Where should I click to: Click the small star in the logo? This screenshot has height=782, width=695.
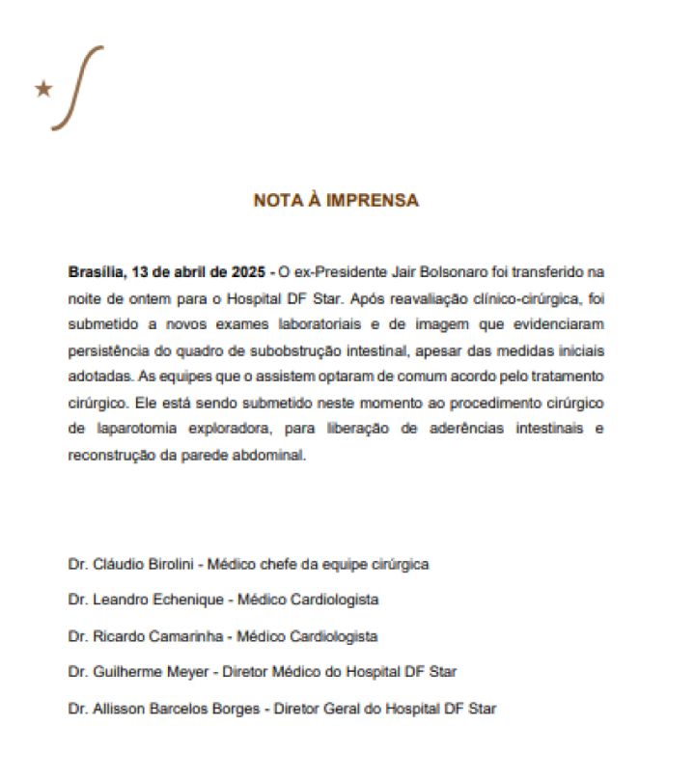click(43, 89)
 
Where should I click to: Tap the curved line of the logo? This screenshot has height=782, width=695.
click(76, 87)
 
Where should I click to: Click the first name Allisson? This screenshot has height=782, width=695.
click(117, 709)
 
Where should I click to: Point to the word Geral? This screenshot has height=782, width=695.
click(341, 709)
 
